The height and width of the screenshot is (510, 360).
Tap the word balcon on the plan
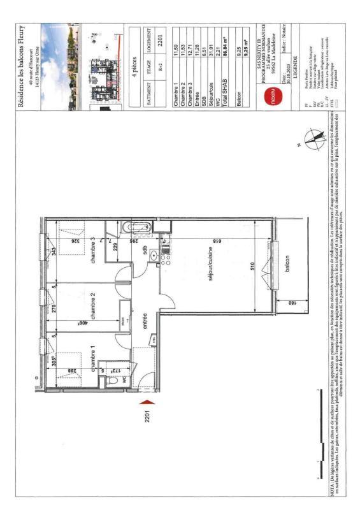pyautogui.click(x=288, y=262)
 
